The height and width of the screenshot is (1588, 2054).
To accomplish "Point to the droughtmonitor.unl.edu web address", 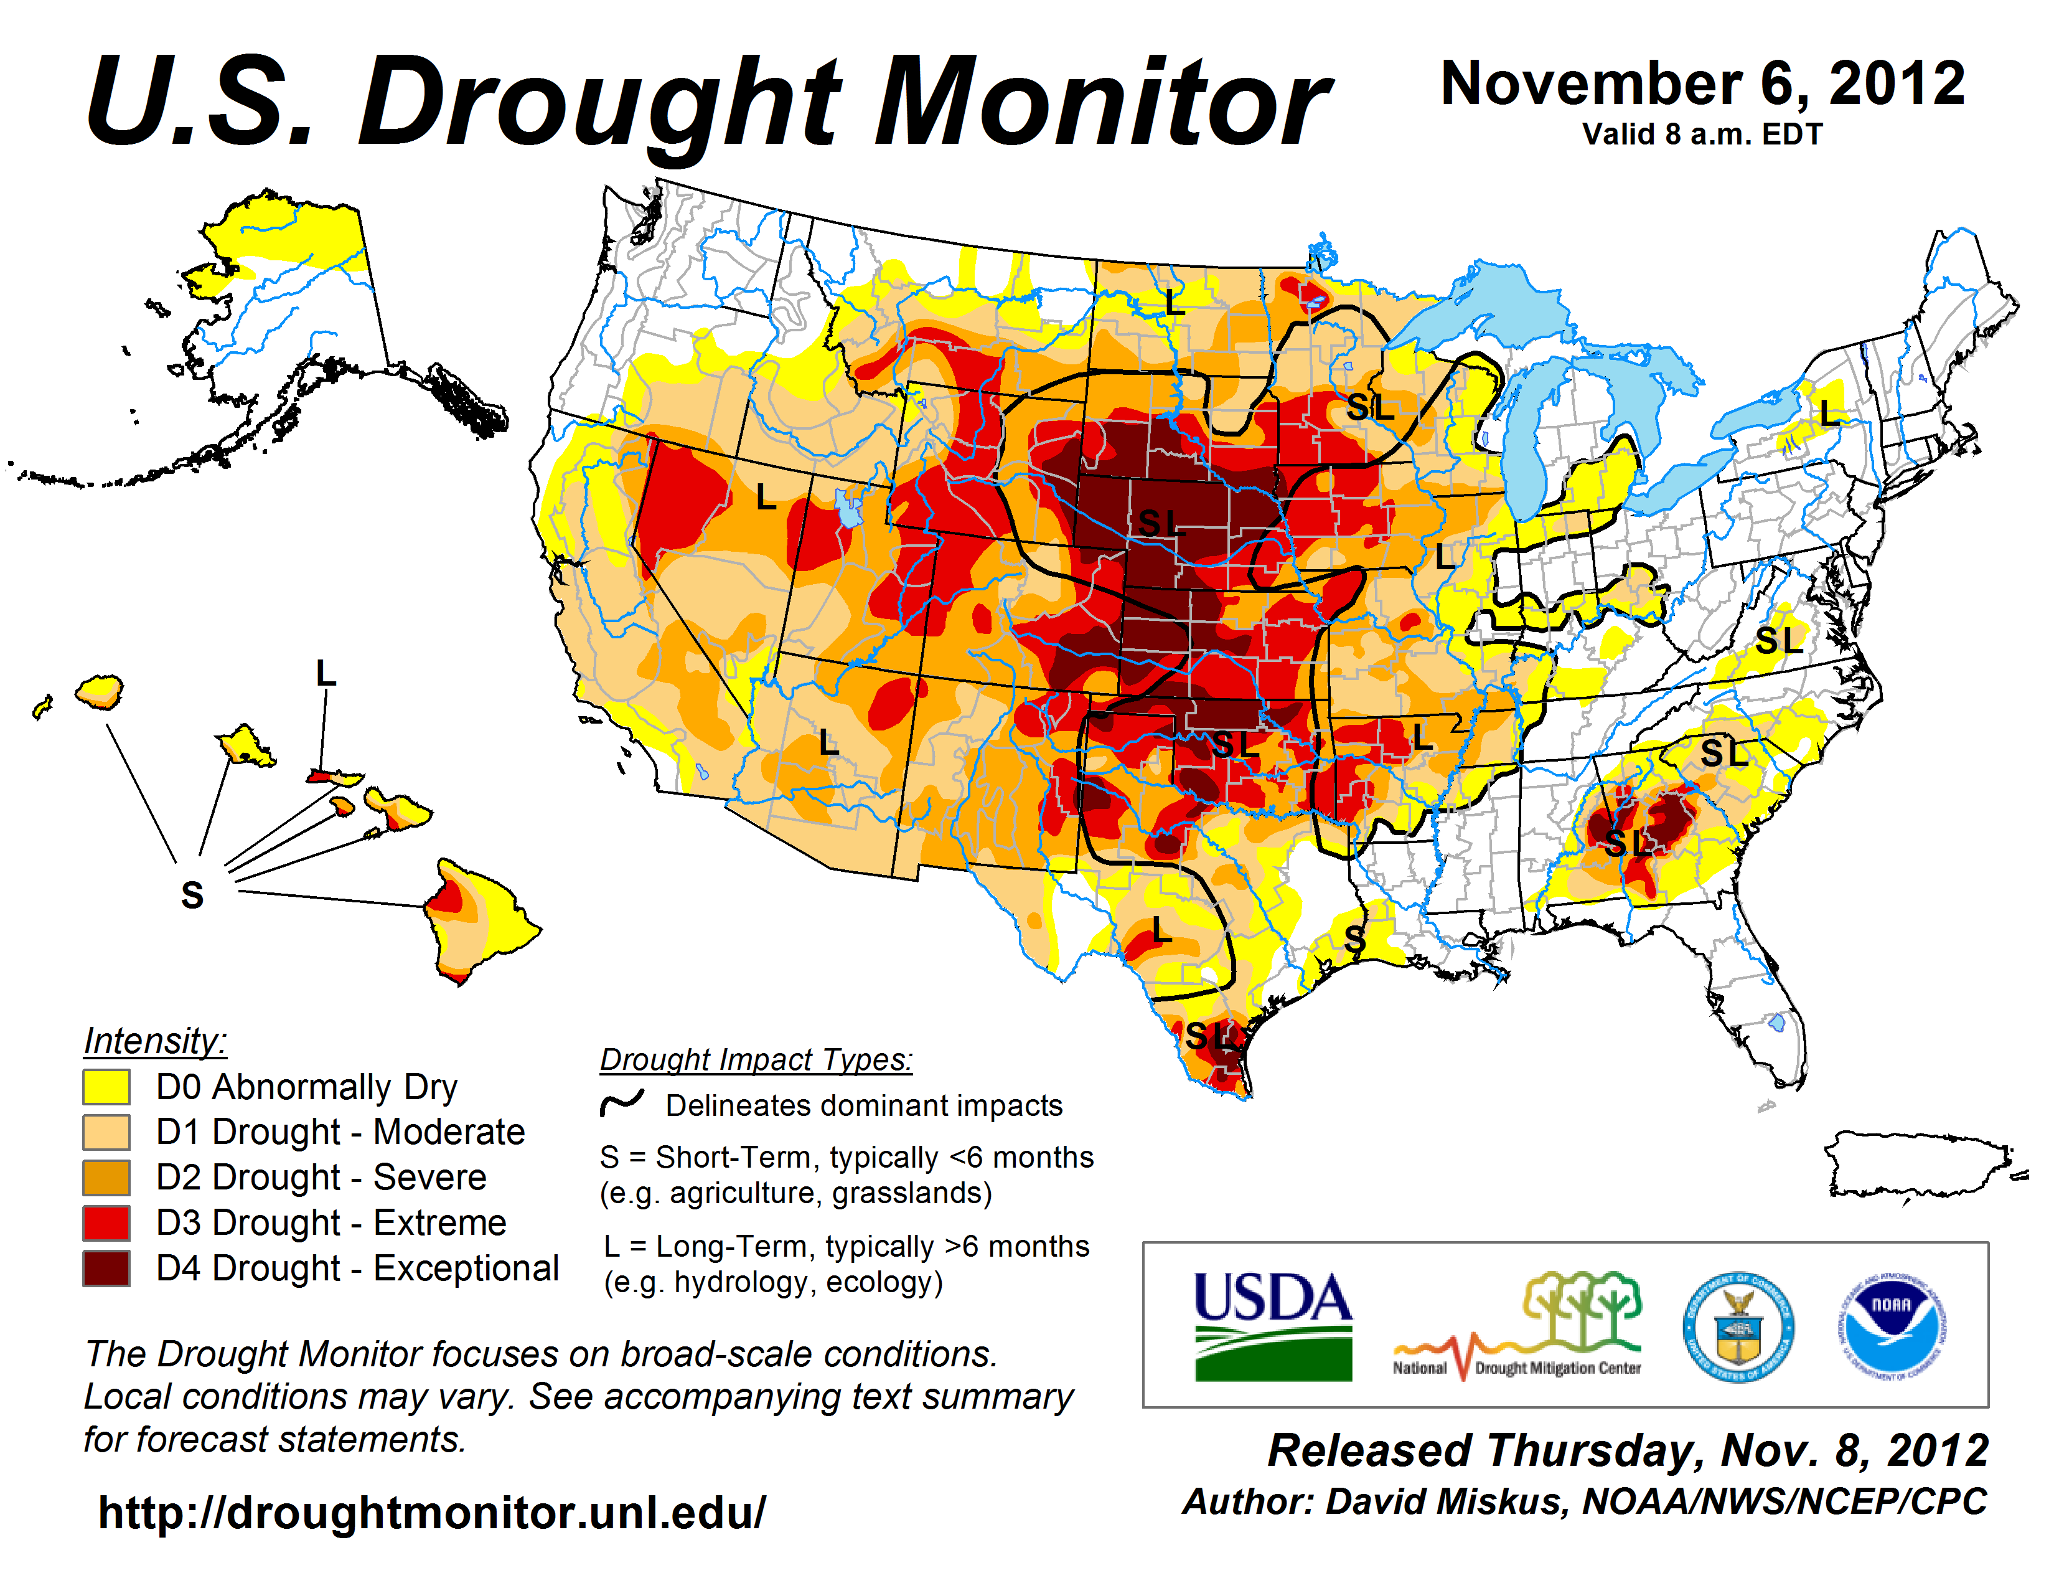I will coord(432,1513).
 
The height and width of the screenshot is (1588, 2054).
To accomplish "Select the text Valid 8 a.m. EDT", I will coord(1702,135).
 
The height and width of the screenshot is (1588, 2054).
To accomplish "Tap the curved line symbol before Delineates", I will coord(622,1102).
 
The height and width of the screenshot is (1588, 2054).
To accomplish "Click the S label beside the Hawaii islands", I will coord(192,895).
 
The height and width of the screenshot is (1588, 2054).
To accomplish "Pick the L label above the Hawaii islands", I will coord(326,674).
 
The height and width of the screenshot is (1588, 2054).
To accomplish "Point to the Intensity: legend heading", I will coord(155,1041).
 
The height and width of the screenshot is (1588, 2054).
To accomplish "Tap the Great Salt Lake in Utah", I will coord(849,508).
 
